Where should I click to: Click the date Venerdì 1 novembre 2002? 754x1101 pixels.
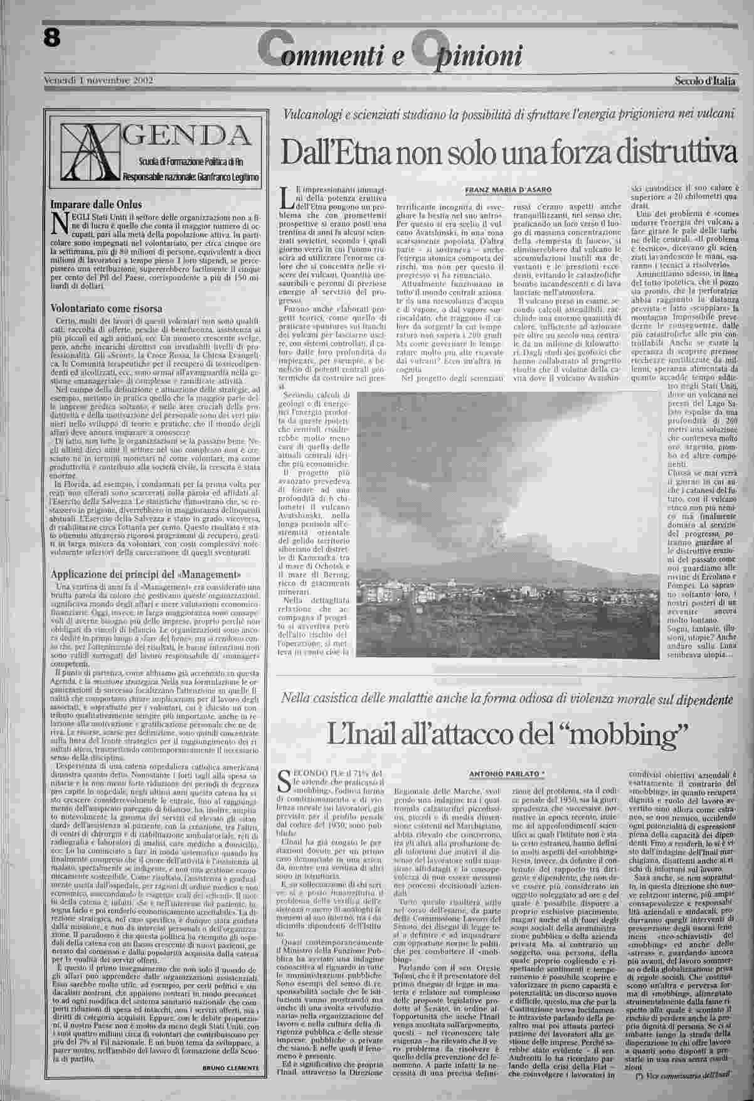pyautogui.click(x=99, y=80)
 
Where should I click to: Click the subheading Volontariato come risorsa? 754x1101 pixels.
pyautogui.click(x=106, y=308)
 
